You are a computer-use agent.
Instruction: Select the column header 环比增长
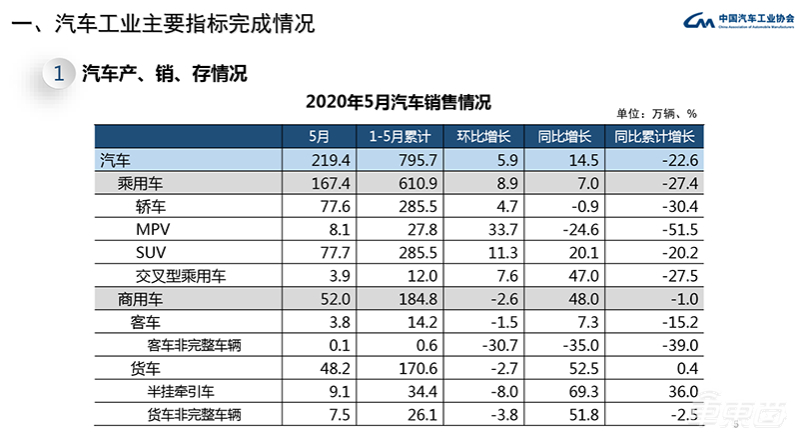[x=482, y=137]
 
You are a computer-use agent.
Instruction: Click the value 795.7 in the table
[x=404, y=160]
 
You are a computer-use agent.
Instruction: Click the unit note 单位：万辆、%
[x=655, y=114]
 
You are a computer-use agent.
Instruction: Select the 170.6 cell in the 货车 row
[x=404, y=370]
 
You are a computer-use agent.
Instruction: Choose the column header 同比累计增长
[x=655, y=137]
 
